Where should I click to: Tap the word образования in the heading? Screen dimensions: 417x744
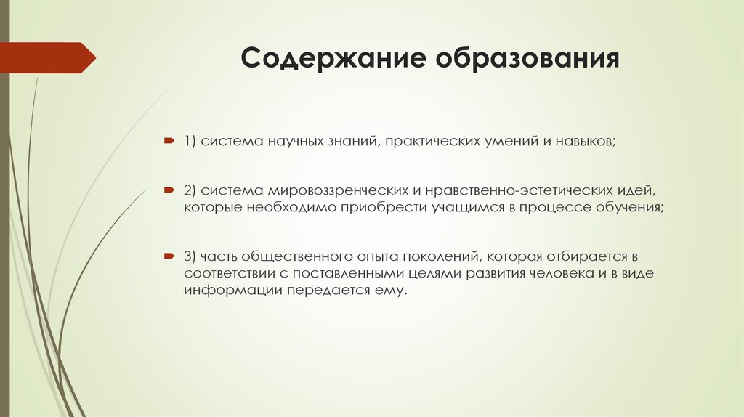tap(527, 58)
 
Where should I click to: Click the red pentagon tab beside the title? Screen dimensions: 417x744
tap(47, 57)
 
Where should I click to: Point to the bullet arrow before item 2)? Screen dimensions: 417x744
tap(168, 190)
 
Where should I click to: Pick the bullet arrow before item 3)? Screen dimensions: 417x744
tap(168, 256)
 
